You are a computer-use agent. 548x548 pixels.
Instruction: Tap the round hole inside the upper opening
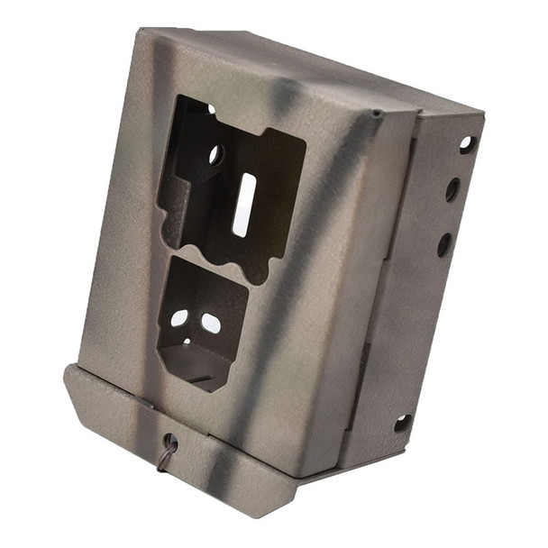coord(216,155)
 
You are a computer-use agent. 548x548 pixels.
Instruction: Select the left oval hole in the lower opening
coord(179,318)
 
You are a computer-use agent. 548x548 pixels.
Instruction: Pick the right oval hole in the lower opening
coord(210,323)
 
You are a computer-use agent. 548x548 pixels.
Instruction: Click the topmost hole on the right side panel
coord(466,143)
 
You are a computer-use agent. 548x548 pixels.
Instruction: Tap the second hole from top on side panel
coord(452,189)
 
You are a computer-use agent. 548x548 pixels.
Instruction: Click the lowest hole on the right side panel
coord(403,423)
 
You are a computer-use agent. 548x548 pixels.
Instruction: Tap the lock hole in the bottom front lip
coord(169,442)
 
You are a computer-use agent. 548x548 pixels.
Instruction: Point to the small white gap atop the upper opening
coord(211,109)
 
